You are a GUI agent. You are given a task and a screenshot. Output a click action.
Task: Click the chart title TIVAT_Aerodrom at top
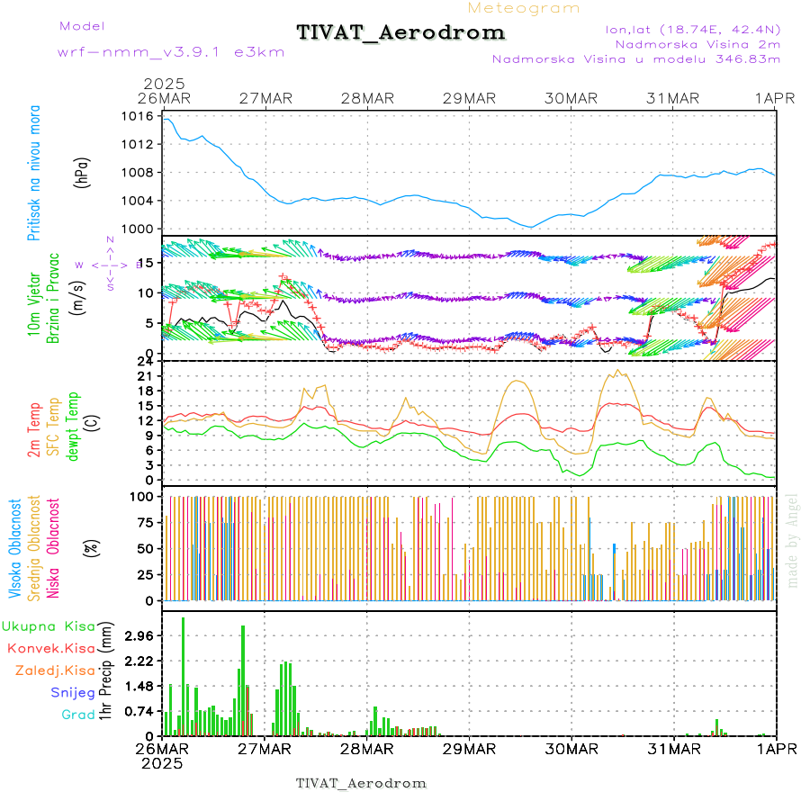(x=400, y=33)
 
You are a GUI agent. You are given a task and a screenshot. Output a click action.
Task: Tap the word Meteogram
(x=524, y=8)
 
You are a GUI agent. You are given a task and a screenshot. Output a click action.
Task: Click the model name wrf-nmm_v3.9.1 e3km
(x=171, y=52)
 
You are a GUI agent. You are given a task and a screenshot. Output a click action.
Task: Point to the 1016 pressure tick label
(x=139, y=116)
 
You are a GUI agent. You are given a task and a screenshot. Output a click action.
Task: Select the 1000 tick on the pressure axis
(x=139, y=229)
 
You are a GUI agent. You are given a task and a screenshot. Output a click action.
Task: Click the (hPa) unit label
(x=82, y=172)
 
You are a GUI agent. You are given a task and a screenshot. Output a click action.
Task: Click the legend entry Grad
(x=77, y=715)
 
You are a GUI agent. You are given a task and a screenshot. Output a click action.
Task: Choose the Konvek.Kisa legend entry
(x=50, y=648)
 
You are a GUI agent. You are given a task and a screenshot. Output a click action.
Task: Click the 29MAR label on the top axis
(x=469, y=99)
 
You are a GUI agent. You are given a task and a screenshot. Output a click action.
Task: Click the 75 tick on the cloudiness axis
(x=142, y=522)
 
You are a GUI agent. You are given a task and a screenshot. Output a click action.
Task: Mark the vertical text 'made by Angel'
(x=793, y=540)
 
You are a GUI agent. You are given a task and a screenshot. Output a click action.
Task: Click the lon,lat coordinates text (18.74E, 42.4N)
(x=692, y=29)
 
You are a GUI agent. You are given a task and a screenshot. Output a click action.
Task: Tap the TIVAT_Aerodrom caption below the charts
(x=361, y=783)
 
